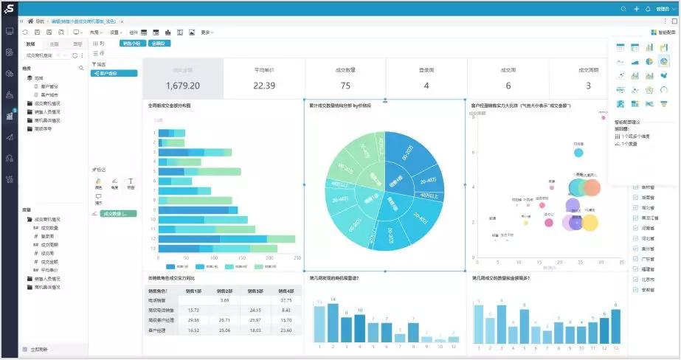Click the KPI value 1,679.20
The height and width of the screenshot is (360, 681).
click(x=182, y=86)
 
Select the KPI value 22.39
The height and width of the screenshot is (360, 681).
click(x=264, y=86)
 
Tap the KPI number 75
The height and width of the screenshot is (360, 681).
click(x=345, y=86)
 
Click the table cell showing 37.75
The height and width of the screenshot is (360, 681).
click(x=286, y=300)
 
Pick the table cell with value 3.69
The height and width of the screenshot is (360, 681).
click(x=225, y=300)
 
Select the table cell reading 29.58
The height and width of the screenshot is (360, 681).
click(x=194, y=319)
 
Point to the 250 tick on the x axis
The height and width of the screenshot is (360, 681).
click(x=298, y=258)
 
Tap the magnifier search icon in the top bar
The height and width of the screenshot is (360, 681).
click(x=623, y=9)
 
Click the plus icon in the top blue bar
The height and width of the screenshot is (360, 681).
click(x=636, y=9)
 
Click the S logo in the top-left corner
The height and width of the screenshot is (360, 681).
click(x=10, y=9)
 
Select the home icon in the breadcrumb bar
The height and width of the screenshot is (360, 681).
click(x=30, y=21)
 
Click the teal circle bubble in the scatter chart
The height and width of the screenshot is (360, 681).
click(x=578, y=153)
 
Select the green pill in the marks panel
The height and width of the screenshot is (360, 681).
click(x=118, y=213)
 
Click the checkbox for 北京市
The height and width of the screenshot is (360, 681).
click(x=636, y=280)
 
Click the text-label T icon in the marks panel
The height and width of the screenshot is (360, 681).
click(x=131, y=181)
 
